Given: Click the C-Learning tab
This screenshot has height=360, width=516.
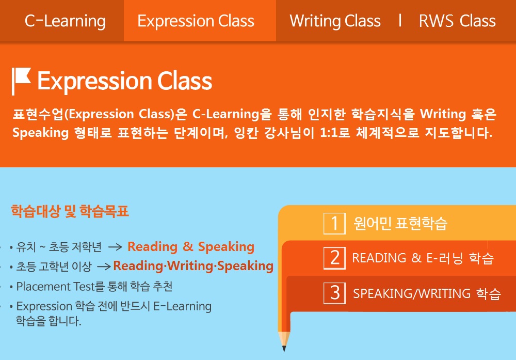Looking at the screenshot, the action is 65,21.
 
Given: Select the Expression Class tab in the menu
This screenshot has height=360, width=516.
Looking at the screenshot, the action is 196,21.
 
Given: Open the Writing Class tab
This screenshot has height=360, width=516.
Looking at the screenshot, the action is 335,21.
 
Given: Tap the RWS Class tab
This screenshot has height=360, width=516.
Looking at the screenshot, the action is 457,21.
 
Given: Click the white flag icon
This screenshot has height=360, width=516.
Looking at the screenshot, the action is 21,81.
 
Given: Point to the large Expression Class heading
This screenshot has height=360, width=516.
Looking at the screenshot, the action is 125,81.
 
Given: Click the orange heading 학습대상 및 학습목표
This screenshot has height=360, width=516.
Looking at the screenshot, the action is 70,211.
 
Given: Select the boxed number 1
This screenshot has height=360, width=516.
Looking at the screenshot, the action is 334,223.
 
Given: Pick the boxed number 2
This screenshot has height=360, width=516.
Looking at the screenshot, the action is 334,258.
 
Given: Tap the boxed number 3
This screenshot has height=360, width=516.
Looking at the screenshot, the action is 334,293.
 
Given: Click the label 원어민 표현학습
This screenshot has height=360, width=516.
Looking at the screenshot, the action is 400,223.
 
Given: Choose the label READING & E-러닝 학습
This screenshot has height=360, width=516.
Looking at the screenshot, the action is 423,258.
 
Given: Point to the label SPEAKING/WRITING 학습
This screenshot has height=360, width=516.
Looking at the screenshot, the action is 427,293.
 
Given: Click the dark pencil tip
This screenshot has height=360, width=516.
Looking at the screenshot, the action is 284,349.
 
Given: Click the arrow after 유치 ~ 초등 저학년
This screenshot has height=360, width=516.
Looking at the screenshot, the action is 115,247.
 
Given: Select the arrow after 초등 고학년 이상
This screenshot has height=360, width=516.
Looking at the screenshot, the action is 104,266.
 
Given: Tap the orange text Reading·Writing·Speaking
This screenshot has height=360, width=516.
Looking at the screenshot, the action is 193,266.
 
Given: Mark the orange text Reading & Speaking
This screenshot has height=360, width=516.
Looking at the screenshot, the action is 191,247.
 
